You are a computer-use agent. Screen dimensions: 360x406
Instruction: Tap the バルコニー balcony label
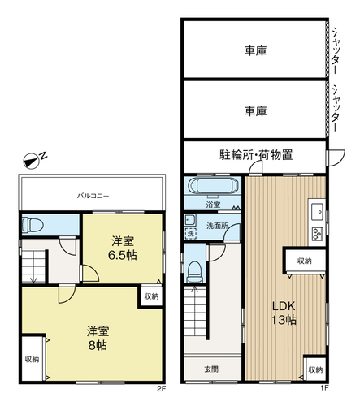coord(93,196)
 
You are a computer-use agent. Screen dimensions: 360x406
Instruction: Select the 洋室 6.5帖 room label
coord(123,248)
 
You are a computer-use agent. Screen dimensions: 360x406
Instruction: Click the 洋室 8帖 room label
coord(98,339)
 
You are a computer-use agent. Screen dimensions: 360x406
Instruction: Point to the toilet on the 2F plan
coord(33,225)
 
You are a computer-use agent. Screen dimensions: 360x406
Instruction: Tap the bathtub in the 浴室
coord(214,186)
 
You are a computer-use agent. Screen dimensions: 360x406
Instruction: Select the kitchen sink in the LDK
coord(317,212)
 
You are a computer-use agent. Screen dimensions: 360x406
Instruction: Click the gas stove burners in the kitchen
coord(317,234)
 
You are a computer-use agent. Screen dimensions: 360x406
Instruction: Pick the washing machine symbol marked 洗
coord(191,233)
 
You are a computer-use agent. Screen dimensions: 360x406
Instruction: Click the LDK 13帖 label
coord(284,313)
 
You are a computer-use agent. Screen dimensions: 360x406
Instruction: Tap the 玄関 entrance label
coord(211,369)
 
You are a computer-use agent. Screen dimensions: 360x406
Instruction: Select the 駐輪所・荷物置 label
coord(256,155)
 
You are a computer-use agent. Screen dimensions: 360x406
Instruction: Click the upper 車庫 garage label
coord(256,50)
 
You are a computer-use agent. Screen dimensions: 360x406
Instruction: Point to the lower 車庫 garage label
coord(256,111)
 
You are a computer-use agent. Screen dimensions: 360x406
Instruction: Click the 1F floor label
coord(324,388)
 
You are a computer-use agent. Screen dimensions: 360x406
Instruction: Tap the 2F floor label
coord(161,389)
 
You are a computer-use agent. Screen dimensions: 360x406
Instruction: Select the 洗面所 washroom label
coord(217,226)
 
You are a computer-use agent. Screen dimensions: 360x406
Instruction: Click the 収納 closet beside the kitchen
coord(305,261)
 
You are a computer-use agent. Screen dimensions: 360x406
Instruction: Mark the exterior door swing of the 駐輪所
coord(336,158)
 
